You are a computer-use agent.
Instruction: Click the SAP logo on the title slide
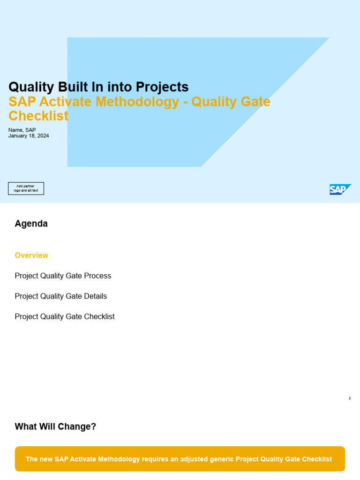340,189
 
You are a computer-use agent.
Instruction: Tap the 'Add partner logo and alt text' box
26,188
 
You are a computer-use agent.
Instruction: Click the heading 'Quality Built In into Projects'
98,87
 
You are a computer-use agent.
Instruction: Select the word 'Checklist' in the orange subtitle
38,116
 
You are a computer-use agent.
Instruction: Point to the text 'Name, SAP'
22,130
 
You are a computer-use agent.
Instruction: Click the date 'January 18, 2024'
29,136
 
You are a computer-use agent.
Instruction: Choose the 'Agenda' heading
31,224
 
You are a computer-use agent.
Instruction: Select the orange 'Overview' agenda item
31,255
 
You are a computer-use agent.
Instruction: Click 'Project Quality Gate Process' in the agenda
63,276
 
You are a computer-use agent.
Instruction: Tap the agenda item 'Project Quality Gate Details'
61,296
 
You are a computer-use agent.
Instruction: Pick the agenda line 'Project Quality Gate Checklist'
65,316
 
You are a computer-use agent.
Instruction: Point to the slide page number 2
350,398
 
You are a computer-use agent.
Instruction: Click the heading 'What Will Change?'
55,427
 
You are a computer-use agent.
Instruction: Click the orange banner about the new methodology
180,459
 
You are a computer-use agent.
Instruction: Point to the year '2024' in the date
43,136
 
